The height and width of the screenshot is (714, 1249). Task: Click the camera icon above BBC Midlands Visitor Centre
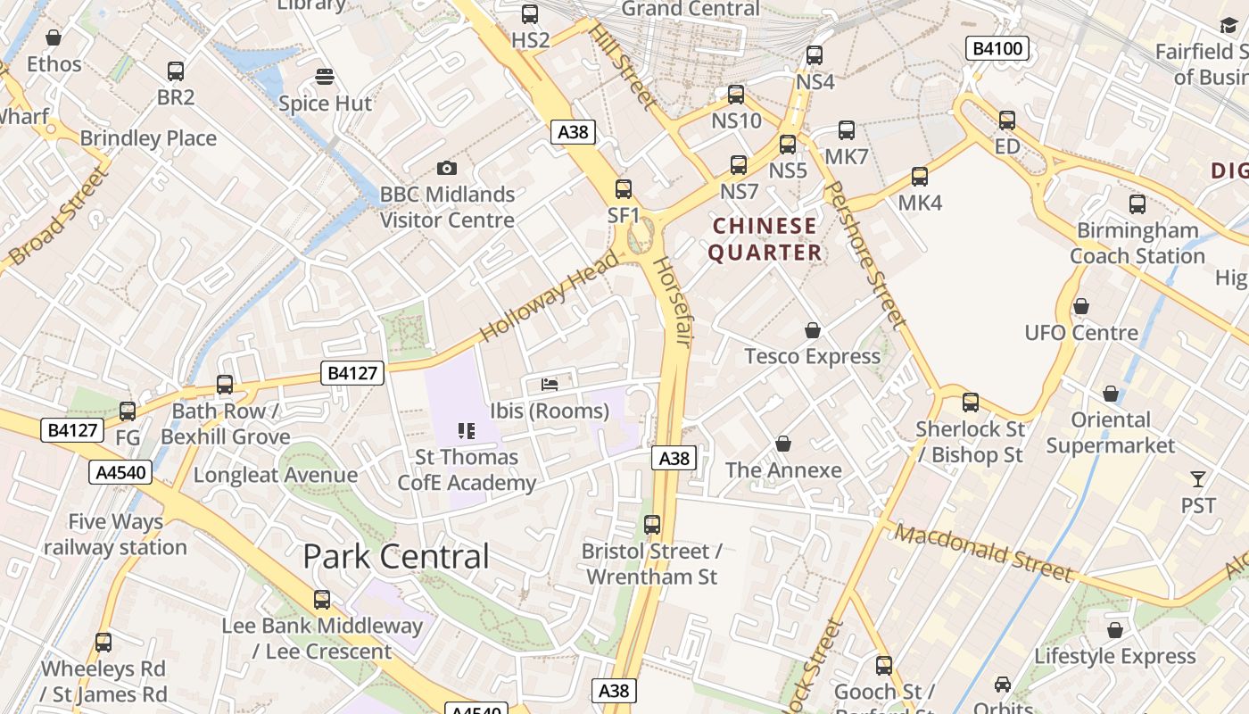click(x=447, y=168)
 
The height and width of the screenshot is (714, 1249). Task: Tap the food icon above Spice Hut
click(x=325, y=77)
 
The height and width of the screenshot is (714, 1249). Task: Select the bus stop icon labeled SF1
click(x=624, y=189)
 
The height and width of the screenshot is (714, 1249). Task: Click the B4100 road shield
click(x=997, y=48)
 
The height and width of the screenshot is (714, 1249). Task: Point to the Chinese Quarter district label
click(x=765, y=239)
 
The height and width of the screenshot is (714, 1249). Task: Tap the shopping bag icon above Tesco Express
click(x=812, y=331)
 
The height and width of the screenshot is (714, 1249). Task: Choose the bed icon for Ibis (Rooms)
click(x=550, y=385)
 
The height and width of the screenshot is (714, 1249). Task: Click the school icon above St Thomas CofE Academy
click(x=466, y=431)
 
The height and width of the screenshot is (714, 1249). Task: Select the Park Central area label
click(x=396, y=557)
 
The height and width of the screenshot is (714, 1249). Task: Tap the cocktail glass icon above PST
click(x=1198, y=480)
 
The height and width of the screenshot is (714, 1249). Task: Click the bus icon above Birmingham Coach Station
click(x=1137, y=204)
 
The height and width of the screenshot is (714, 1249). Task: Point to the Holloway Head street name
click(x=549, y=296)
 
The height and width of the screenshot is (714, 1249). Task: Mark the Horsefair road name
click(x=673, y=302)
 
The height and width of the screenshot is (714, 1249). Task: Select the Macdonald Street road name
click(x=983, y=552)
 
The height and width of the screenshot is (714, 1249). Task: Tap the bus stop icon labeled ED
click(x=1007, y=120)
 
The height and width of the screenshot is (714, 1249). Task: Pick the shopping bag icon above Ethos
click(x=54, y=38)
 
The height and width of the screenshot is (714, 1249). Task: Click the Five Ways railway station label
click(x=115, y=534)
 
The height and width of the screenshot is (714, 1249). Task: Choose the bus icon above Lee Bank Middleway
click(x=322, y=600)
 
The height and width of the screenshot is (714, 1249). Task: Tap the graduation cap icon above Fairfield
click(x=1228, y=26)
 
